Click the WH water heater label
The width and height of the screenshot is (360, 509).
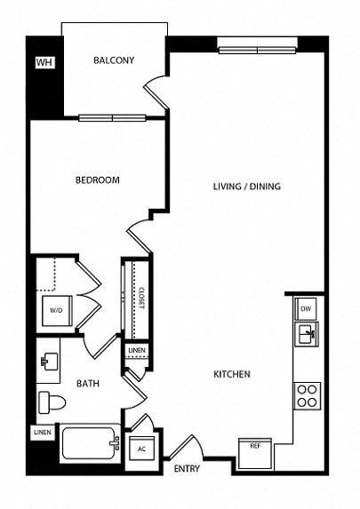coord(43,63)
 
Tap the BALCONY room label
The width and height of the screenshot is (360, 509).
coord(114,60)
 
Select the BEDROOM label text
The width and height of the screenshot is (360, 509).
coord(97,179)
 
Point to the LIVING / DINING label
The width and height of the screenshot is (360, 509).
coord(246,187)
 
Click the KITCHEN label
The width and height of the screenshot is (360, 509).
coord(230,374)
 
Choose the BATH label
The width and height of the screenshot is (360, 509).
coord(86,384)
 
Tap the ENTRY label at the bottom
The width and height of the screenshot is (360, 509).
coord(187,469)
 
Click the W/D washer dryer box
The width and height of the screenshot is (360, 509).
coord(55,311)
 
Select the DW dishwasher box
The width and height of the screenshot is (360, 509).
coord(306,308)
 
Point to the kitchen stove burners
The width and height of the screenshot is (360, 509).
coord(307,394)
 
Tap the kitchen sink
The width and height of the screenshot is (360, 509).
coord(307,335)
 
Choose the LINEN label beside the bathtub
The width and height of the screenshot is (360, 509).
coord(42,432)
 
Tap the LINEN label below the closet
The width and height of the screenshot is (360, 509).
coord(136,352)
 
